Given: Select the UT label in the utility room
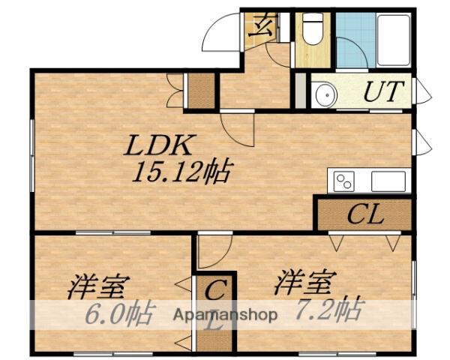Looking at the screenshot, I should point(385,92).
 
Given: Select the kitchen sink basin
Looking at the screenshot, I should point(387,181).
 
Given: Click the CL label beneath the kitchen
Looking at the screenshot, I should point(365,215).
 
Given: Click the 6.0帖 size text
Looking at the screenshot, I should point(117,312).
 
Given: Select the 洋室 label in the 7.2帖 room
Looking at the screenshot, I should point(304,283).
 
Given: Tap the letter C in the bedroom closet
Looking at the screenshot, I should point(215,289).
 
